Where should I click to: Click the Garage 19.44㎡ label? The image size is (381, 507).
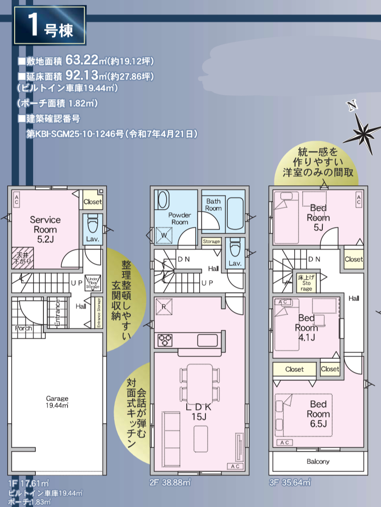57,402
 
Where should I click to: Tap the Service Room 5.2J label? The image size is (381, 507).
45,229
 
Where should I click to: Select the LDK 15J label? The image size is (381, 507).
199,411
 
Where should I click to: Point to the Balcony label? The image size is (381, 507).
318,461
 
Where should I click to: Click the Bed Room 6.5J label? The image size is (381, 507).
318,414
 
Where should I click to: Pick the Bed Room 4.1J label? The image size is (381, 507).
307,328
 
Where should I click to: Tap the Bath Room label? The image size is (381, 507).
214,205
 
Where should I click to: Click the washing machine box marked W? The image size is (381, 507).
164,236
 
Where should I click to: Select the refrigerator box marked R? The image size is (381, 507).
164,306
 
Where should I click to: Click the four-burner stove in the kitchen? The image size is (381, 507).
165,340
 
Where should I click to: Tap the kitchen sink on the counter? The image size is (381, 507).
207,341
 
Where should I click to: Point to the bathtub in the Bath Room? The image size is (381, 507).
235,214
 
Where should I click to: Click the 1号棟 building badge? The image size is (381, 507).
49,25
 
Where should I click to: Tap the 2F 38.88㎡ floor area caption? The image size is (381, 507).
170,482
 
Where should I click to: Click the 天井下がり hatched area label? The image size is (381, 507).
22,258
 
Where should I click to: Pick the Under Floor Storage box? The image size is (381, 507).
93,283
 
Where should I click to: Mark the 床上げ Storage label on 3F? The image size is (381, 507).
306,283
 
